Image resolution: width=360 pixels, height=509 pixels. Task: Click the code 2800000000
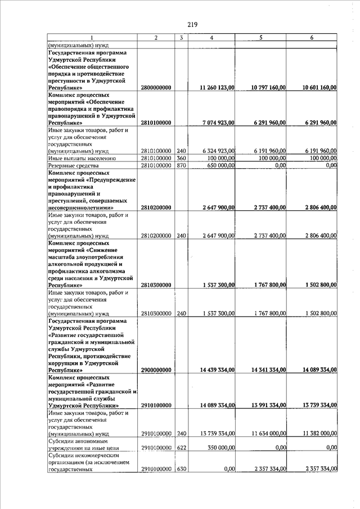(x=156, y=88)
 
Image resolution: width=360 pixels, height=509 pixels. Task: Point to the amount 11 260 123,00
(x=217, y=88)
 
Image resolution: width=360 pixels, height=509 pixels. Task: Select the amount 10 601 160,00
(x=319, y=88)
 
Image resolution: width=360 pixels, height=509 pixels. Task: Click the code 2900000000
(x=156, y=370)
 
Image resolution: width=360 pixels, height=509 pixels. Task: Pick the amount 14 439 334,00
(x=217, y=370)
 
